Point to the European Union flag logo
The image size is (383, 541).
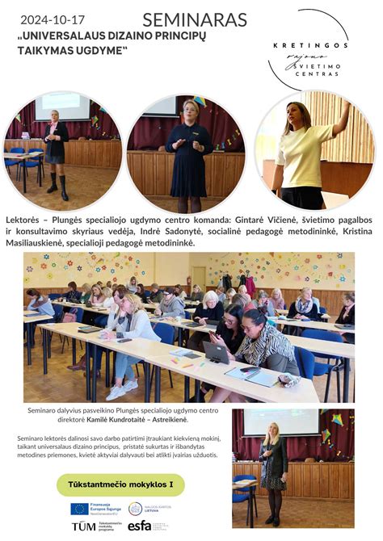[79, 509]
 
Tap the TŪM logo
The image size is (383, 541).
[83, 526]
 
